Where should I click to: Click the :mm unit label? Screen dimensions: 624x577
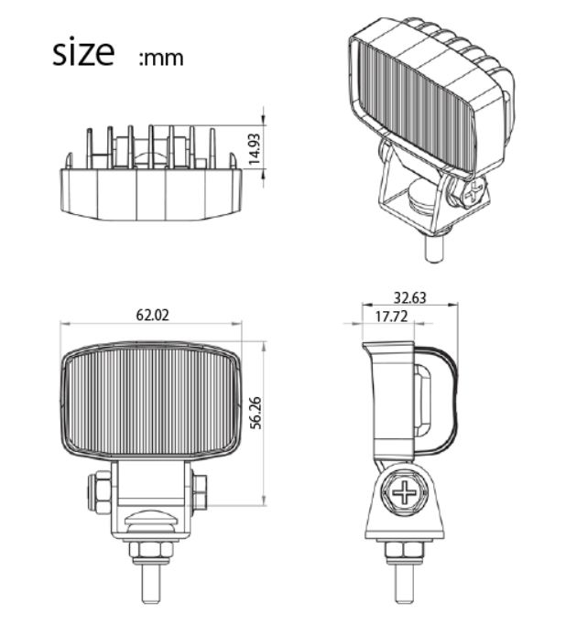[x=161, y=59]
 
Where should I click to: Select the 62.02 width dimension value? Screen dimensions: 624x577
[x=153, y=315]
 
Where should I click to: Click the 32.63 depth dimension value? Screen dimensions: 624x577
[x=409, y=297]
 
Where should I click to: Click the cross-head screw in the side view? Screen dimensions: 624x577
[x=403, y=493]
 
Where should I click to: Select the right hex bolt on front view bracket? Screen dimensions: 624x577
[x=200, y=492]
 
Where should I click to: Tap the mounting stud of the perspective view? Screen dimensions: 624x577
[x=436, y=244]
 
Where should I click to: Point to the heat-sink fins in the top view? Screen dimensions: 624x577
[x=151, y=146]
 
